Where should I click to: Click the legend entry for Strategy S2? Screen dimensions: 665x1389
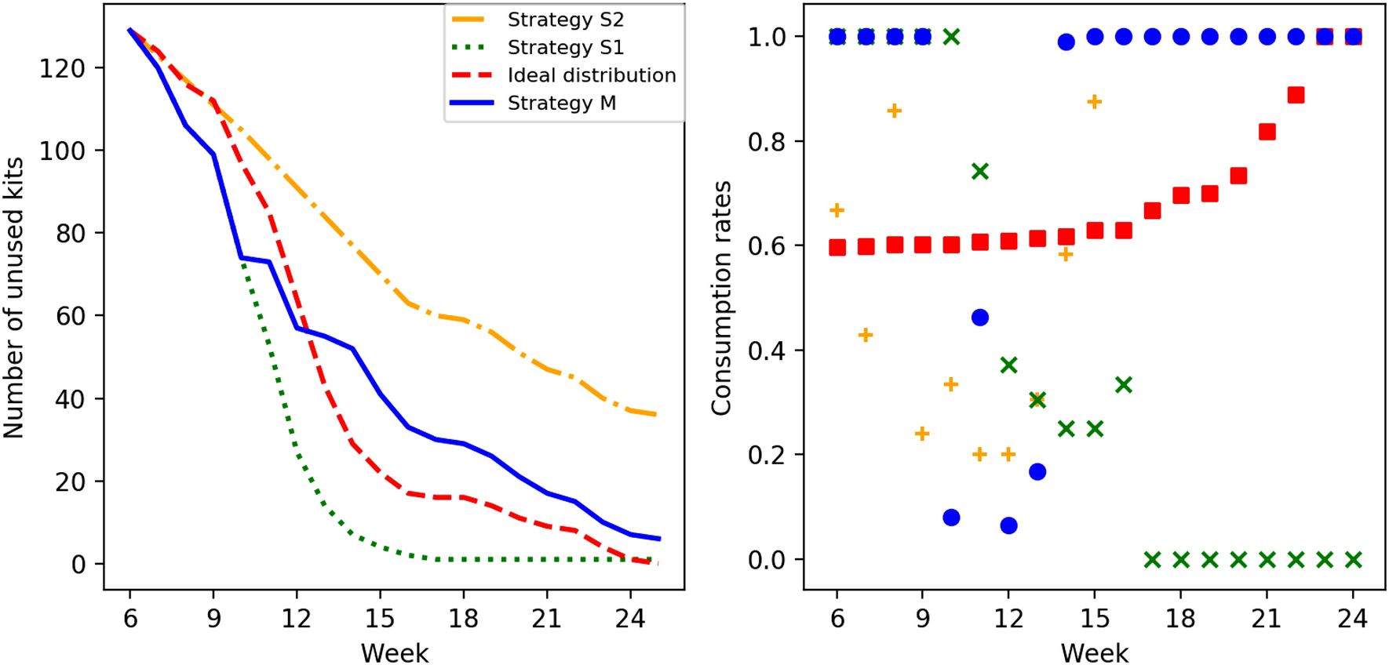(565, 20)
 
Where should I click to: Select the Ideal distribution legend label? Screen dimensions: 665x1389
(591, 75)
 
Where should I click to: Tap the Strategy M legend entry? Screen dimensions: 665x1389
(561, 104)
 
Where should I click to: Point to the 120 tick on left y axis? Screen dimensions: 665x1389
(62, 69)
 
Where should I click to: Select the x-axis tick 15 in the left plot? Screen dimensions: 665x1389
(380, 620)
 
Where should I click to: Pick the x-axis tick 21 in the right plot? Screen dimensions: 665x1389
(1267, 620)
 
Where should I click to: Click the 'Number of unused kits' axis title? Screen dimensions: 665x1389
(14, 297)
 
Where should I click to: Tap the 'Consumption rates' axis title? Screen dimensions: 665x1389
(721, 298)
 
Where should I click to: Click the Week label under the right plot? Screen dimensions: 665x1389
(1094, 652)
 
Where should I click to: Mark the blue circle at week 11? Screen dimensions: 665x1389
(979, 318)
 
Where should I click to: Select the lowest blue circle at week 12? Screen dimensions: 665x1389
(1009, 525)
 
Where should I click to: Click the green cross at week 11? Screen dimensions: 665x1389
(979, 171)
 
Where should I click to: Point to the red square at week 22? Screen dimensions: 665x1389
(1296, 95)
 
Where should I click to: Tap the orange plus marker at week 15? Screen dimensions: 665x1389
(1094, 102)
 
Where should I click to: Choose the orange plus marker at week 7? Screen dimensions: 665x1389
(865, 336)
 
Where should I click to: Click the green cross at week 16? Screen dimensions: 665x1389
(1123, 384)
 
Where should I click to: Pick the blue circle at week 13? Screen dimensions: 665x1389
(1037, 471)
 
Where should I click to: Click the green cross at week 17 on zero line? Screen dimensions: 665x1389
(1152, 560)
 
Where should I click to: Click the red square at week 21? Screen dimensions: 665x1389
(1267, 132)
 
